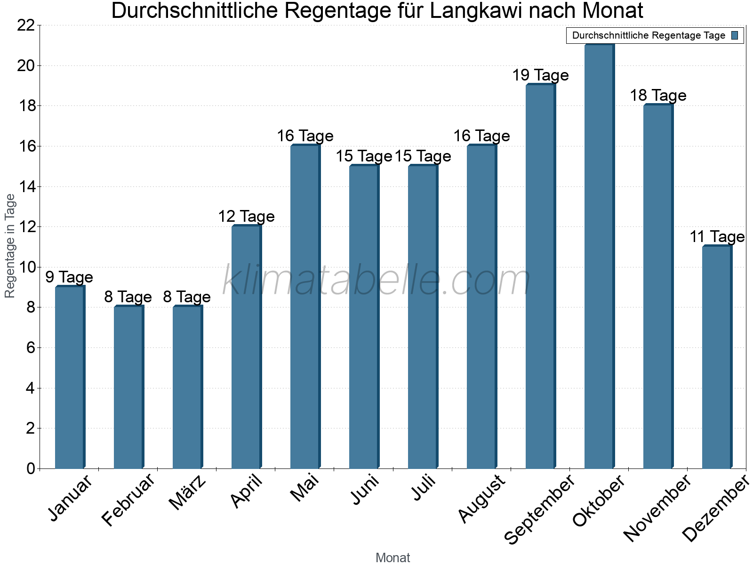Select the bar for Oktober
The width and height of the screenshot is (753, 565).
pos(599,257)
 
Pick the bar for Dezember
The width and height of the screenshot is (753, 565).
pos(717,357)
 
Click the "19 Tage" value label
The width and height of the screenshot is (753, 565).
pos(540,75)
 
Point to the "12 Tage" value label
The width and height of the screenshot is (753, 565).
pos(246,217)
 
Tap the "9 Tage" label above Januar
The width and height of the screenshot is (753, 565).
pos(69,277)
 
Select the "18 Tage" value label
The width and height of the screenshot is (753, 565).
pos(658,96)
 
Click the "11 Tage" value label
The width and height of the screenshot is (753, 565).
pos(717,237)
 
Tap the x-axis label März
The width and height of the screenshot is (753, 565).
pos(188,493)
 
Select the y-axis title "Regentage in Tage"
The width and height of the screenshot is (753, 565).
pos(10,246)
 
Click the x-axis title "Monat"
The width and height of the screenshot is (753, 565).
pos(393,558)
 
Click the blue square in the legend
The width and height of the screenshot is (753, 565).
pos(735,35)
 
